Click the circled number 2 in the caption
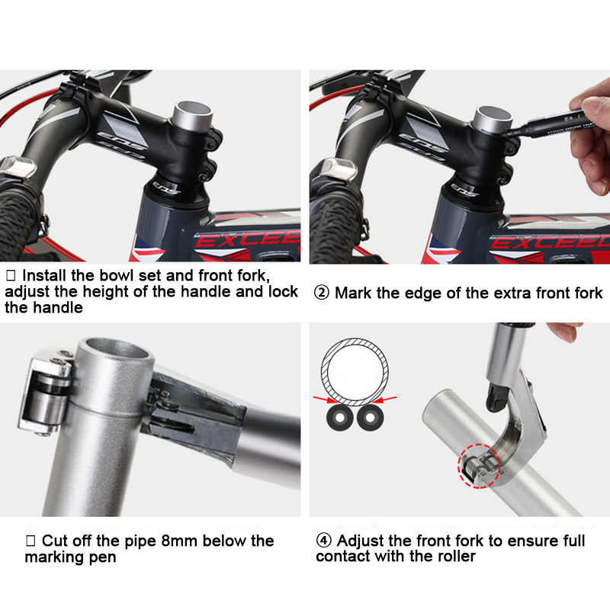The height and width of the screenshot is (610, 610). coord(321,293)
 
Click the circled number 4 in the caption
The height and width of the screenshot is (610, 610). coord(323,541)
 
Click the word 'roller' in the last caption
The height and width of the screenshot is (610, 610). coord(456,556)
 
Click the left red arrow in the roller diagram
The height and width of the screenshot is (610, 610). coord(325,399)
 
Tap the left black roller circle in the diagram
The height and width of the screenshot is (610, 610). coord(339,418)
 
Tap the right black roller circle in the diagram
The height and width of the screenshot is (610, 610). coord(370,418)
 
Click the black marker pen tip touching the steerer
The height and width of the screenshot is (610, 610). coord(506,133)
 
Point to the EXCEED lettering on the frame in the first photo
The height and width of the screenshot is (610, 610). coord(247,239)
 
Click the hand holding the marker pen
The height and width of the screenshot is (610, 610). coord(589,136)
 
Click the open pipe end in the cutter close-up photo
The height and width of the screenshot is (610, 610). coord(117,349)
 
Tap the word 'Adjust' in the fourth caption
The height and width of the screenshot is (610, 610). coord(360,541)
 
